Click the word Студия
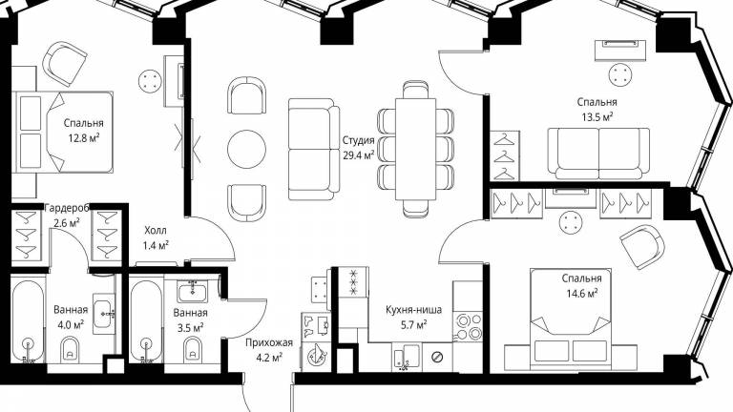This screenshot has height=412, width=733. click(x=359, y=140)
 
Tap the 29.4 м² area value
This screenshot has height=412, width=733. click(x=359, y=155)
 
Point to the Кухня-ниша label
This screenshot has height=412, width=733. click(x=413, y=310)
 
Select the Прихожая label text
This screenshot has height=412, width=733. click(x=269, y=343)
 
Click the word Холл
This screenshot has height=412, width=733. click(x=156, y=230)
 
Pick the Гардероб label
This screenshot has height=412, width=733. click(x=66, y=208)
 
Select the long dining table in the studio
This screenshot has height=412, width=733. click(x=415, y=149)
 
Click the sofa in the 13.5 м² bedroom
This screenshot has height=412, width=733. click(x=598, y=154)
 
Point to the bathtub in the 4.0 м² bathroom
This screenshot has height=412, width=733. click(x=28, y=321)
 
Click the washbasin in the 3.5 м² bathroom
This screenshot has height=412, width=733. click(x=192, y=293)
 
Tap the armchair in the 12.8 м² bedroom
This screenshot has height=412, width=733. click(x=64, y=64)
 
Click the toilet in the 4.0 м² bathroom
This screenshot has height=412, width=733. click(x=70, y=349)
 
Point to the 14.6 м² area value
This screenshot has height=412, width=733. click(x=581, y=294)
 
